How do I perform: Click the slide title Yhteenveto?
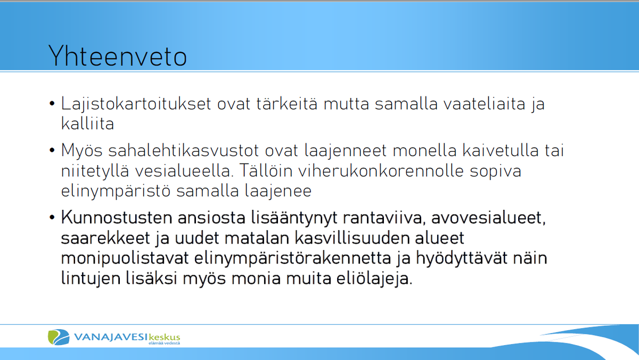pos(118,56)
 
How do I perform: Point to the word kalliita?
pos(87,124)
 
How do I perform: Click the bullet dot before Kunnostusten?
pos(52,218)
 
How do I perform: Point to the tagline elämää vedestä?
pos(164,343)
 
